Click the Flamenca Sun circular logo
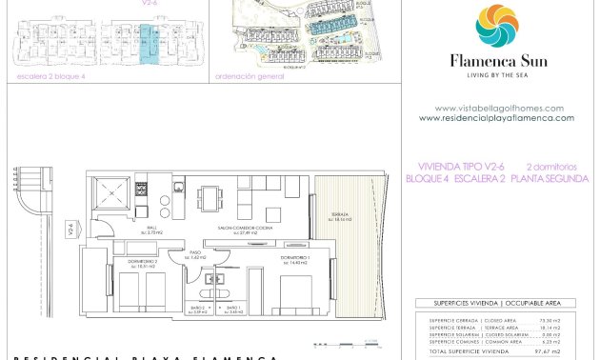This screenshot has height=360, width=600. click(496, 26)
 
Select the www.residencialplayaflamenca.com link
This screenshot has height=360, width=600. click(496, 118)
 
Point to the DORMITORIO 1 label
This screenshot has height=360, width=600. click(293, 259)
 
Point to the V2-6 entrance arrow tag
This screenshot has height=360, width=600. click(70, 229)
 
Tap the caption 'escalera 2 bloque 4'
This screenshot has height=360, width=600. click(51, 77)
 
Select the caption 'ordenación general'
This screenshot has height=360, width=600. click(250, 77)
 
